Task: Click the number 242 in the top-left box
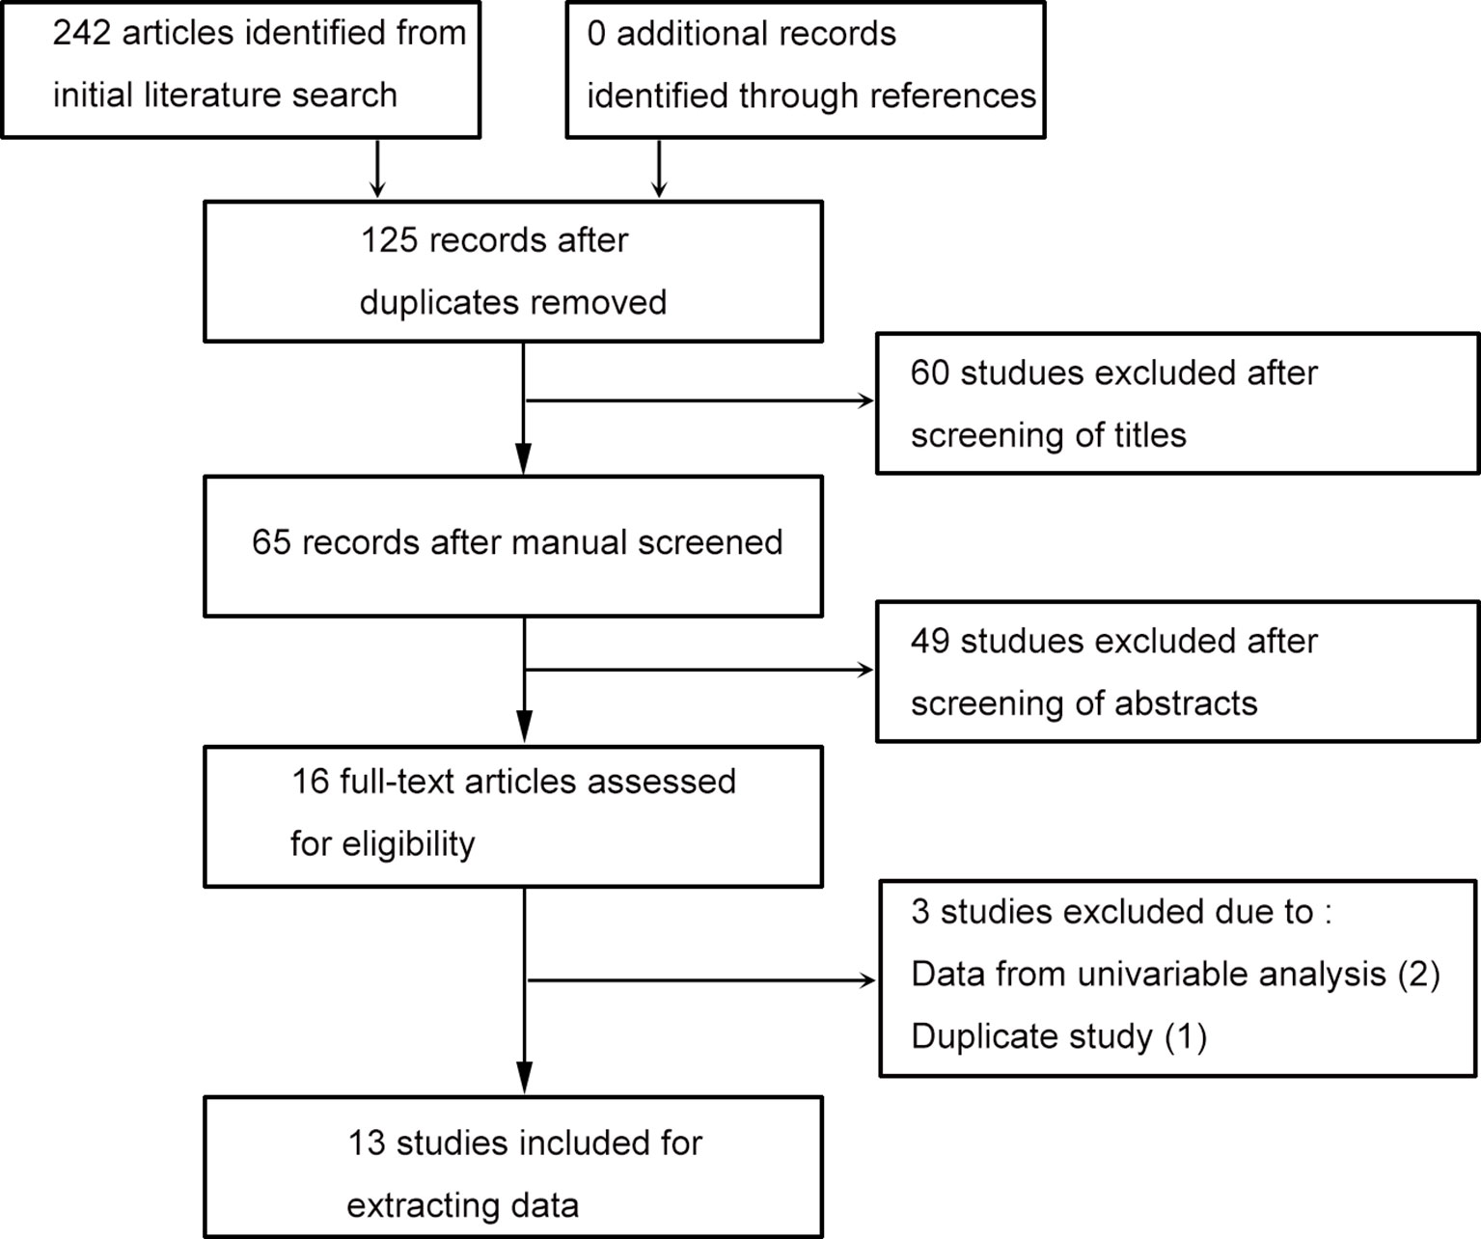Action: [82, 33]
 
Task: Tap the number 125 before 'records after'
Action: [389, 240]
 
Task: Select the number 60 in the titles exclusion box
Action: [929, 372]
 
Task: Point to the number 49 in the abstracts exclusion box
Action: [930, 642]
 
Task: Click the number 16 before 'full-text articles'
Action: [311, 782]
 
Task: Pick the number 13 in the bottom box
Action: [367, 1143]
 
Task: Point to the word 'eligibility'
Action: [408, 844]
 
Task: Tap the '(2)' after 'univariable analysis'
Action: [1418, 975]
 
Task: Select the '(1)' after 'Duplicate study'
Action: [1186, 1036]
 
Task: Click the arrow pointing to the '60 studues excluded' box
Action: [699, 400]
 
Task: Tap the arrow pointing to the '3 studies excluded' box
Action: [701, 980]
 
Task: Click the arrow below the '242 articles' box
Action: [377, 169]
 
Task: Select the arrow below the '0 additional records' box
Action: [659, 169]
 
